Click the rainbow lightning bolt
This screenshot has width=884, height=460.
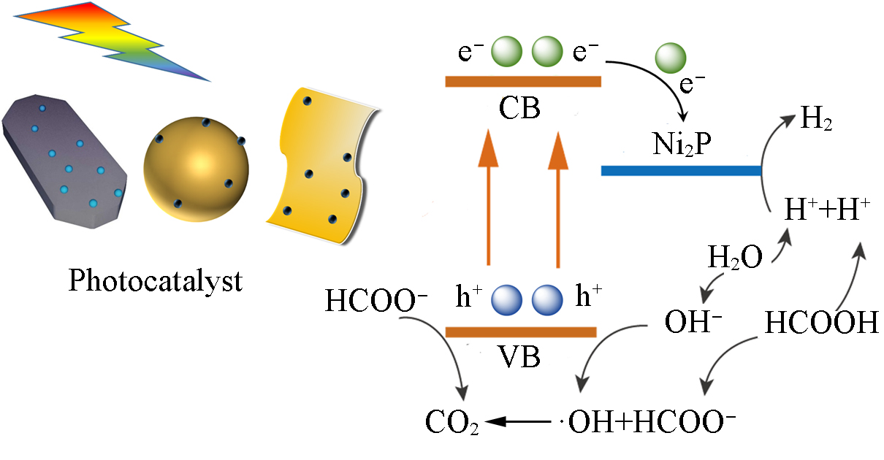(110, 40)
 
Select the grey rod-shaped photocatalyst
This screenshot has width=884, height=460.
(64, 161)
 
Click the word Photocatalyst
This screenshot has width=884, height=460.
(155, 280)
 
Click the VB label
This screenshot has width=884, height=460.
(519, 357)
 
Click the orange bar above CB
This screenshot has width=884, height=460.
(523, 81)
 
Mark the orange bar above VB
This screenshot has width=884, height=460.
(521, 332)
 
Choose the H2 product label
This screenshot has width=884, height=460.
(816, 118)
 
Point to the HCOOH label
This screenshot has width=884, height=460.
(821, 322)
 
